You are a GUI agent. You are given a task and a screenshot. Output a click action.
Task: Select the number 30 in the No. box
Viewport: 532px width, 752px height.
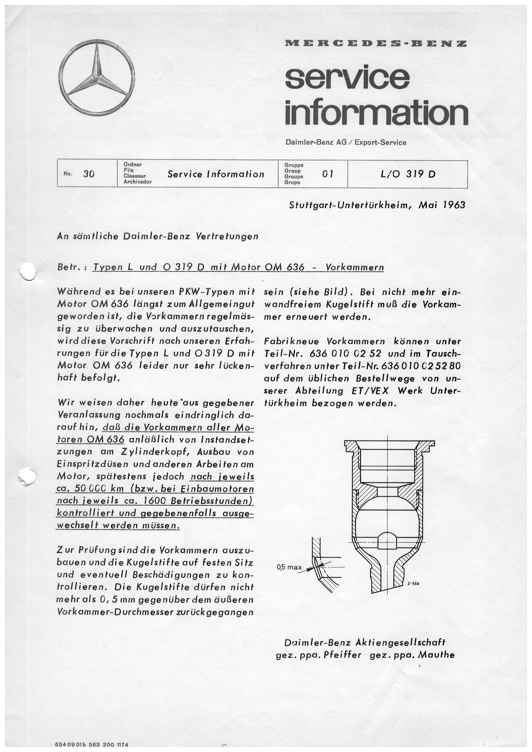pos(88,174)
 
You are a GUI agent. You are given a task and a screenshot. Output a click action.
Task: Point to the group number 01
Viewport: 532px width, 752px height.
pos(328,174)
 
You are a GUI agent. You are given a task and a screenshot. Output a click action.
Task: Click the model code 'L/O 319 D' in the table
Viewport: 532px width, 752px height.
pos(408,174)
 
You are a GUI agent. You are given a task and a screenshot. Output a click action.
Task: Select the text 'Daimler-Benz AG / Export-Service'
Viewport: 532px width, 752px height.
pos(346,142)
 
